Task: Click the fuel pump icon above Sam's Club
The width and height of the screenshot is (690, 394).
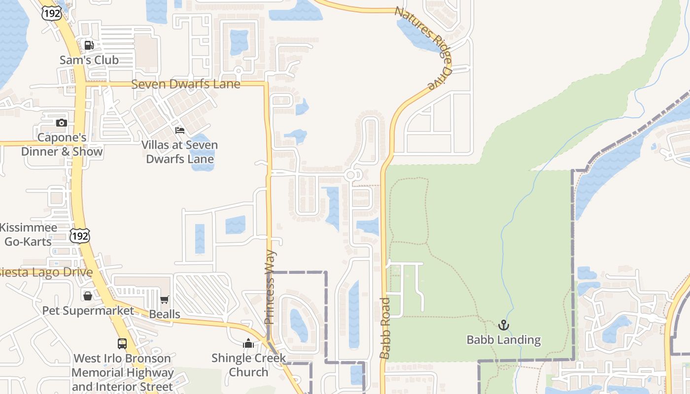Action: click(89, 45)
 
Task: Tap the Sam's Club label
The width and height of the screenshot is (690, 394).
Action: click(89, 60)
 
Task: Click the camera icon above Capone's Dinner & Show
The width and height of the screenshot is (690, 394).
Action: click(62, 123)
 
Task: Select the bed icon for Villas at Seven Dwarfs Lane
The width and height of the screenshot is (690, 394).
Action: click(180, 131)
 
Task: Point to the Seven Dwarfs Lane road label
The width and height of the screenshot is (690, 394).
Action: click(186, 84)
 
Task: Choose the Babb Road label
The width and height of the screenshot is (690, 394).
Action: click(385, 328)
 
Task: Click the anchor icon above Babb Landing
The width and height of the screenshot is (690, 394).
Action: click(503, 325)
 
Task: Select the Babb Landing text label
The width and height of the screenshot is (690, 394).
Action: click(503, 340)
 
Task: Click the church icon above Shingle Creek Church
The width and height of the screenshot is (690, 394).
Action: click(248, 343)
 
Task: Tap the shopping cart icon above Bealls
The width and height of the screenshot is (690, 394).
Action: click(165, 300)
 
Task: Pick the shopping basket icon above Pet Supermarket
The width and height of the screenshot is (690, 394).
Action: click(88, 295)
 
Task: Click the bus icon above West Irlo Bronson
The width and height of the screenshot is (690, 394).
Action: click(122, 343)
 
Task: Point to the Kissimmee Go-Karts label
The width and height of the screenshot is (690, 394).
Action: click(28, 235)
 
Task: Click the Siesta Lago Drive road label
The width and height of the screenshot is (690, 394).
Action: click(47, 272)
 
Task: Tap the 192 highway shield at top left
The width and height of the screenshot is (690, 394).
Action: click(52, 13)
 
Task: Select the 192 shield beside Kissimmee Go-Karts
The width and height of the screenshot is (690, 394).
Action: click(79, 236)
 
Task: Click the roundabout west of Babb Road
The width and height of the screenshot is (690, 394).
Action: click(351, 175)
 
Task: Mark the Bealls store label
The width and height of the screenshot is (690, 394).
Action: click(165, 314)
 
